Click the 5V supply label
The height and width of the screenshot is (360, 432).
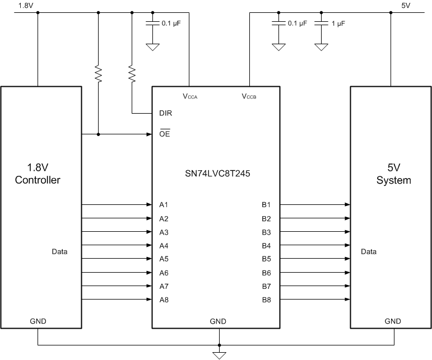coord(406,6)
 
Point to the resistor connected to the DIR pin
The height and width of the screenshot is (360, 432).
coord(132,74)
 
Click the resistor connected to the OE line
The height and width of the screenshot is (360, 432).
coord(99,74)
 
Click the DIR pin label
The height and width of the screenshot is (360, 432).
coord(165,113)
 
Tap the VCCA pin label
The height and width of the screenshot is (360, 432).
coord(190,96)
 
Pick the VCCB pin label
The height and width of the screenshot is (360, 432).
coord(249,96)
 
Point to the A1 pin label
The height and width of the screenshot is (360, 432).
coord(164,205)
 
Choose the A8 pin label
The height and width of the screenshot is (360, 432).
coord(164,300)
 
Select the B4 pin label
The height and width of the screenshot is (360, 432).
coord(266,246)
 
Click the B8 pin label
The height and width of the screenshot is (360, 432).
coord(266,300)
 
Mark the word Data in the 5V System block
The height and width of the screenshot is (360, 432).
coord(369,252)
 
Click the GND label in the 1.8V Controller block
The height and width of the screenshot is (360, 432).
coord(38,321)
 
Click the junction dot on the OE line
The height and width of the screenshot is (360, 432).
coord(99,134)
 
